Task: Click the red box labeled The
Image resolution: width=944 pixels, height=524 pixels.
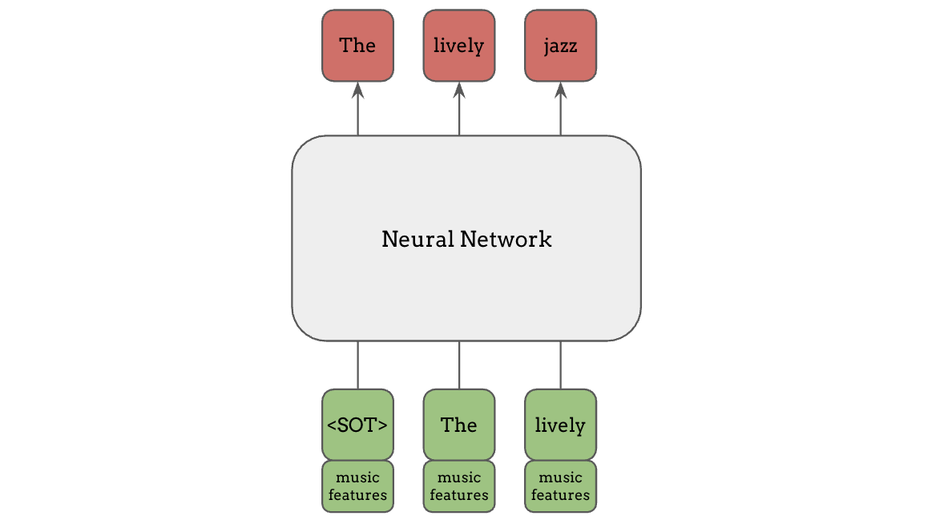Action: click(357, 46)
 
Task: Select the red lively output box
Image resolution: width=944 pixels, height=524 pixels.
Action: click(458, 46)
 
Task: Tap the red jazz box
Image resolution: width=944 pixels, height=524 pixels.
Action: click(560, 46)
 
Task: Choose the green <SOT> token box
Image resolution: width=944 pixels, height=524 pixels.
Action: click(357, 425)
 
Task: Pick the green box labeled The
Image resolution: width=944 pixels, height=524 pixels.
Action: click(458, 425)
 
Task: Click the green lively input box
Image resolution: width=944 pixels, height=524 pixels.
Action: click(560, 425)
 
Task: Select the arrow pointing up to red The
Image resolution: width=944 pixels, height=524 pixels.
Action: click(357, 108)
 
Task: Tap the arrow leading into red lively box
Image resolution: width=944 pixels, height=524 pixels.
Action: click(459, 108)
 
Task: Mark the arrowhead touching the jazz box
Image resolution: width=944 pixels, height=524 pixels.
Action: click(560, 88)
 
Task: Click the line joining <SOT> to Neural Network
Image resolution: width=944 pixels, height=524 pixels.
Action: click(357, 365)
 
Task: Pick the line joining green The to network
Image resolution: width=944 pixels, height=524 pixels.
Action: click(459, 365)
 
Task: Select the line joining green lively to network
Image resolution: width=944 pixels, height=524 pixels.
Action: click(560, 365)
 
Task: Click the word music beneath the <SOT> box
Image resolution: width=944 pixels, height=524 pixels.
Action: click(357, 478)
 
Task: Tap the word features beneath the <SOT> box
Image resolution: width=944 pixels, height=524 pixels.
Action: click(357, 495)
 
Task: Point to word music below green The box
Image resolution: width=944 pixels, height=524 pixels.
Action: click(458, 478)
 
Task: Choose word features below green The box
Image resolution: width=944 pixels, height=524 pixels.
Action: click(458, 495)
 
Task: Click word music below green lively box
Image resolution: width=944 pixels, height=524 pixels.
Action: click(560, 478)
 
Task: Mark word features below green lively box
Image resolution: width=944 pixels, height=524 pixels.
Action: click(560, 495)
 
